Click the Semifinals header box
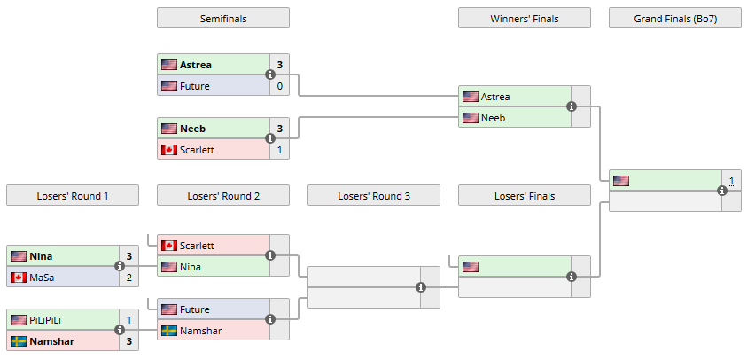(223, 18)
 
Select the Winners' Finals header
(525, 18)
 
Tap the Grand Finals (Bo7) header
(675, 18)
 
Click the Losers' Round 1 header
(73, 195)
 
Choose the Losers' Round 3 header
(374, 195)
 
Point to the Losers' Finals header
(525, 195)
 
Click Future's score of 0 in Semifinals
(280, 86)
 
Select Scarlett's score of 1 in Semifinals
(280, 150)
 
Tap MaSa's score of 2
(129, 278)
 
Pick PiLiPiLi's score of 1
(129, 320)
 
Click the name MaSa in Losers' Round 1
(42, 278)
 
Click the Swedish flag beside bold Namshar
(19, 341)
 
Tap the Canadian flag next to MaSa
(19, 278)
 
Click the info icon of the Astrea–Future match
(270, 75)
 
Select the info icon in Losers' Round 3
(421, 287)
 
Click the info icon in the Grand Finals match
(722, 192)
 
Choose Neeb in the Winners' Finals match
(494, 118)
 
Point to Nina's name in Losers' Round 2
(191, 267)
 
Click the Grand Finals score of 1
(731, 181)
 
